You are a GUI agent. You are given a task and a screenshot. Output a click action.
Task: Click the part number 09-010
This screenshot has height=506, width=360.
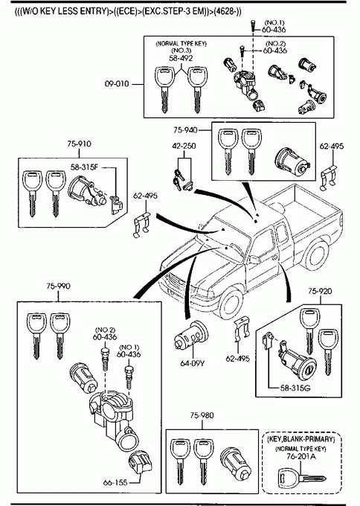pyautogui.click(x=117, y=84)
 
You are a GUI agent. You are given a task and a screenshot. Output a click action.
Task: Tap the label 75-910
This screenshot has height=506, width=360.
pyautogui.click(x=79, y=144)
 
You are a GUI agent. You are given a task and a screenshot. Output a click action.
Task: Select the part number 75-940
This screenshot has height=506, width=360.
pyautogui.click(x=185, y=130)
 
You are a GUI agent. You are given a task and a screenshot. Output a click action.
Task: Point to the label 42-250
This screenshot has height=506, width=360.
pyautogui.click(x=184, y=146)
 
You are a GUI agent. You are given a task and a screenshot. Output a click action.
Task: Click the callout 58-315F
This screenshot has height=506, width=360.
pyautogui.click(x=84, y=167)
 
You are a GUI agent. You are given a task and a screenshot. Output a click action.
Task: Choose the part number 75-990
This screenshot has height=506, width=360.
pyautogui.click(x=58, y=286)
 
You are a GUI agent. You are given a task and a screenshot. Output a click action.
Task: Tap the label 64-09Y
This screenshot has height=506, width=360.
pyautogui.click(x=192, y=363)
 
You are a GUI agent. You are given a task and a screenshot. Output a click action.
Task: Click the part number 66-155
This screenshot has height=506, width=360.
pyautogui.click(x=115, y=483)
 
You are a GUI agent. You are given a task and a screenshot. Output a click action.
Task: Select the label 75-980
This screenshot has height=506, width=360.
pyautogui.click(x=202, y=415)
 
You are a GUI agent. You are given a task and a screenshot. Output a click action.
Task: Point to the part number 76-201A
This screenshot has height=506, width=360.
pyautogui.click(x=301, y=456)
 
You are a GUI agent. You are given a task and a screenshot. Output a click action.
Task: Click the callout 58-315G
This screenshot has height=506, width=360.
pyautogui.click(x=295, y=388)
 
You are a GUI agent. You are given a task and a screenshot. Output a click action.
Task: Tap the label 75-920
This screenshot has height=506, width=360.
pyautogui.click(x=320, y=291)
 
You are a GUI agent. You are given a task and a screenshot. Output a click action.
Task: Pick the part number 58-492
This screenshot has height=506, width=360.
pyautogui.click(x=181, y=58)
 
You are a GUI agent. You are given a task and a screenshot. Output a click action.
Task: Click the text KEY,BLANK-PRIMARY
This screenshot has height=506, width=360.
pyautogui.click(x=301, y=439)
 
